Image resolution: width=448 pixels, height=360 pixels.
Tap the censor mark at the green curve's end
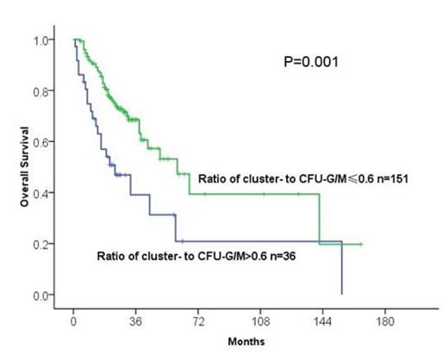coord(360,244)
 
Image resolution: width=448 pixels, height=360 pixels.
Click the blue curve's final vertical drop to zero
coord(342,269)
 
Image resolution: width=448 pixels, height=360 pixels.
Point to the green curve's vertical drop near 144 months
coord(320,219)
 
